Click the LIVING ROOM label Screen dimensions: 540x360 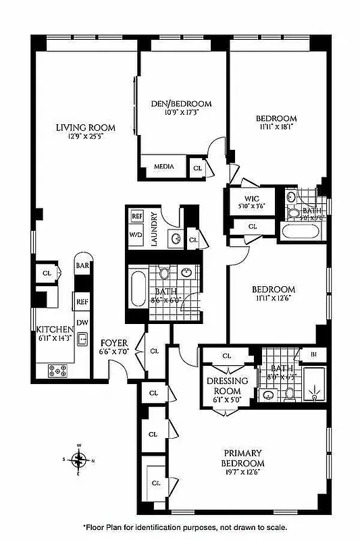pyautogui.click(x=85, y=127)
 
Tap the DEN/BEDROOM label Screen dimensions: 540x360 pyautogui.click(x=180, y=104)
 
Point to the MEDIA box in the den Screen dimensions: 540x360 pyautogui.click(x=164, y=166)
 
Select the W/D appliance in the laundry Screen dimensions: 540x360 pyautogui.click(x=137, y=235)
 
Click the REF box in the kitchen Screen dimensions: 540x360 pyautogui.click(x=82, y=302)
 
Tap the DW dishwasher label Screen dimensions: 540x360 pyautogui.click(x=82, y=322)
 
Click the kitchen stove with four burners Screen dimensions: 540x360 pyautogui.click(x=57, y=369)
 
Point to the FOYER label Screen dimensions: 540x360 pyautogui.click(x=114, y=342)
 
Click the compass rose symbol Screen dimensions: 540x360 pyautogui.click(x=79, y=460)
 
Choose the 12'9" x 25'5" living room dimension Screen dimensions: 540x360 pyautogui.click(x=85, y=137)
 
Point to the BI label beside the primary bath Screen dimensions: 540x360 pyautogui.click(x=313, y=354)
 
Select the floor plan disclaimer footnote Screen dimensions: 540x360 pyautogui.click(x=185, y=528)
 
